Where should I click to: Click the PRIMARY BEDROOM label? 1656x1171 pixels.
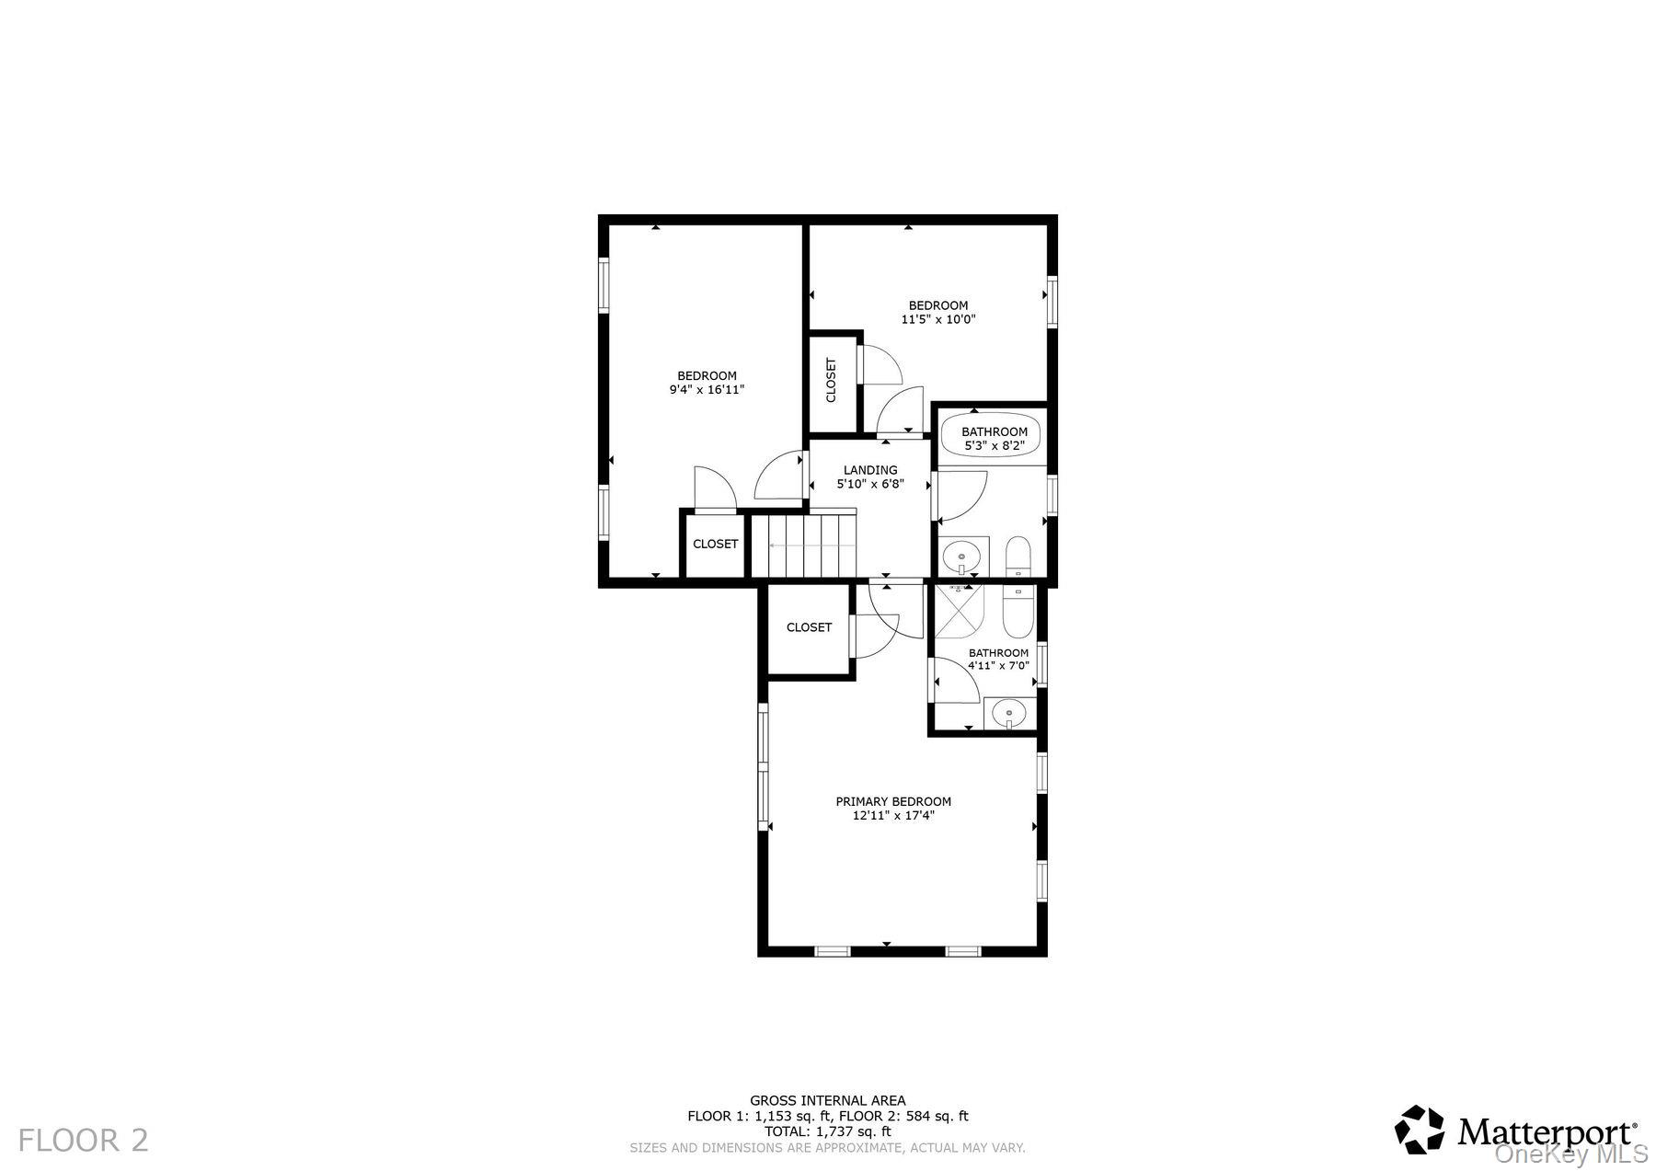point(892,801)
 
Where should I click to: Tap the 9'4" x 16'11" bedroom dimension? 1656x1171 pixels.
point(707,390)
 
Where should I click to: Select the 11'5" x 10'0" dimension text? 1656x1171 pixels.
point(937,320)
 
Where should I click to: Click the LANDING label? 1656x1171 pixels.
point(869,470)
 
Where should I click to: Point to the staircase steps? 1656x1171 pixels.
point(804,546)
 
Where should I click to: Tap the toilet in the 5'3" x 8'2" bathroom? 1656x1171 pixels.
point(1018,556)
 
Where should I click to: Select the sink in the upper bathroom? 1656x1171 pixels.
point(963,556)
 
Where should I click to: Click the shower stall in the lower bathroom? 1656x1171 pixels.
point(959,611)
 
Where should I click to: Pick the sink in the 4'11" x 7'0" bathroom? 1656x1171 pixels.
point(1009,712)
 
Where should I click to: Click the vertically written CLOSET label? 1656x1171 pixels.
point(831,381)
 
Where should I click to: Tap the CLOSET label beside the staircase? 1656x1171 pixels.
point(715,544)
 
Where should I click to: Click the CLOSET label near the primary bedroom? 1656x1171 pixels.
point(809,627)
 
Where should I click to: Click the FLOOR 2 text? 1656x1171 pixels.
point(83,1141)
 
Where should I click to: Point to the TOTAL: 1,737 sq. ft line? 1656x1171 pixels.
point(827,1132)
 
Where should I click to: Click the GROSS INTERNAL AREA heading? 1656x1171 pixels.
point(827,1100)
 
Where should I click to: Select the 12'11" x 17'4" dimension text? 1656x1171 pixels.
point(892,815)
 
